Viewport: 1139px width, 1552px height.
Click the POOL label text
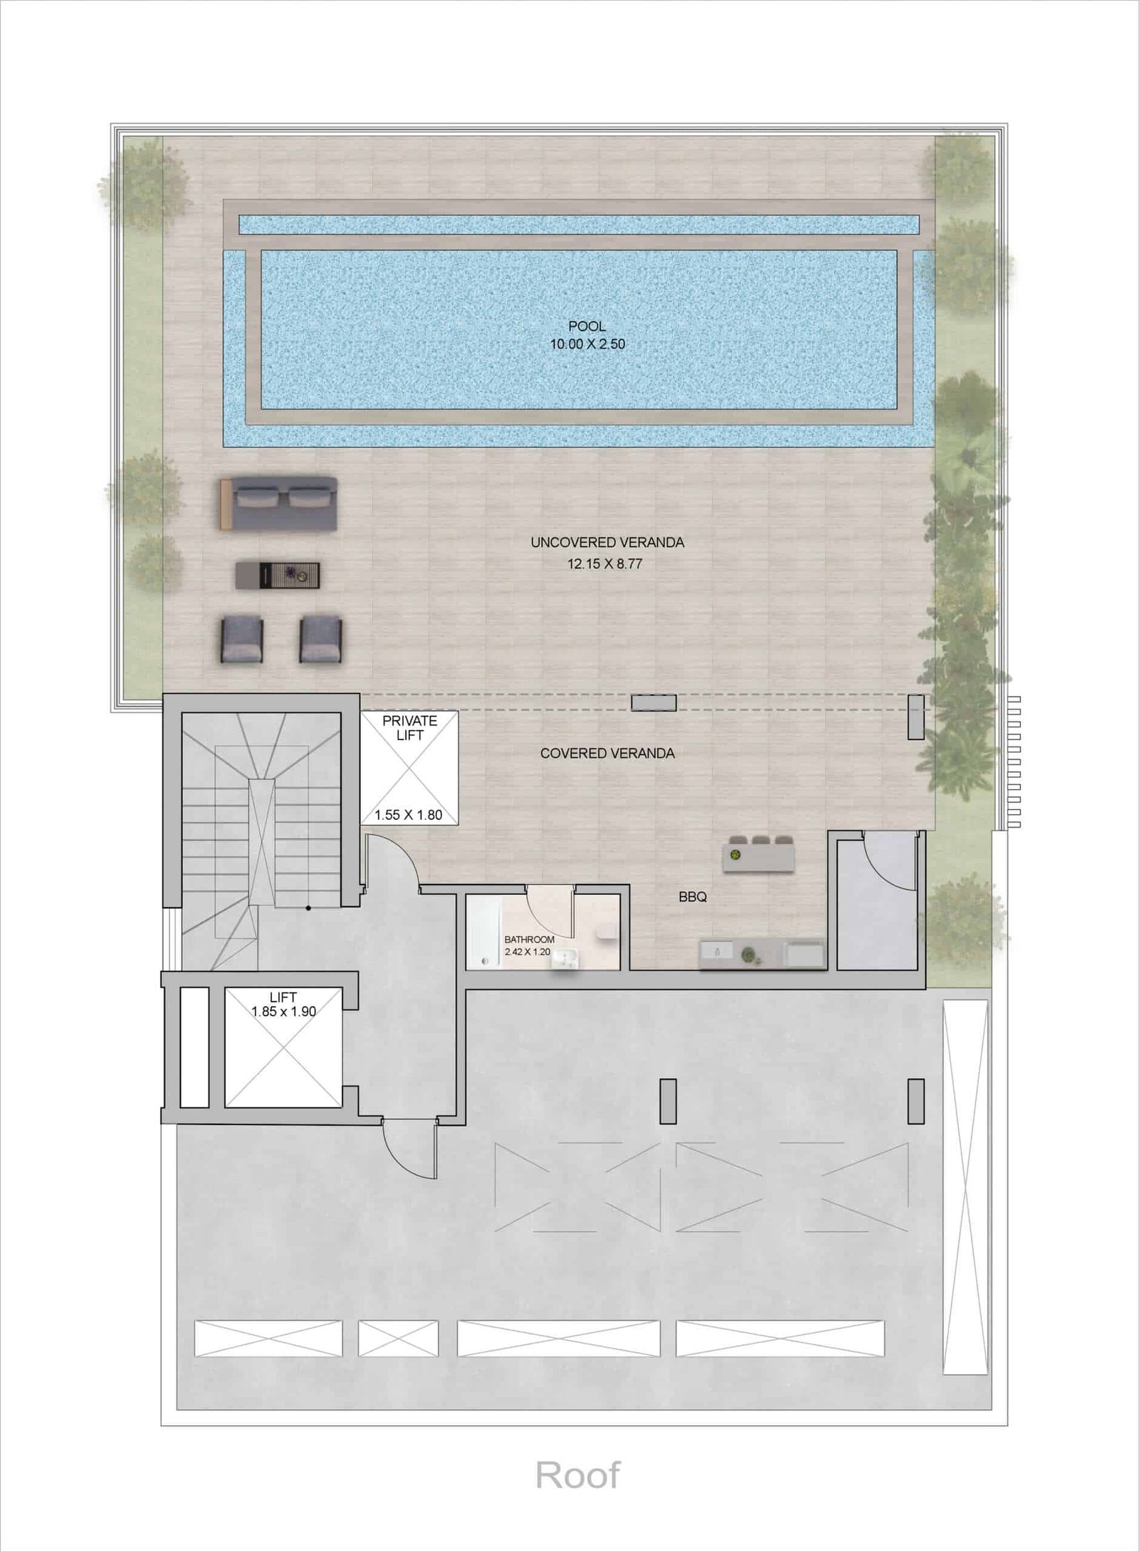tap(587, 327)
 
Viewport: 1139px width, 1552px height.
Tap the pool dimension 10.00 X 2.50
tap(587, 344)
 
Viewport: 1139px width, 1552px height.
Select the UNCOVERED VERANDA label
tap(607, 542)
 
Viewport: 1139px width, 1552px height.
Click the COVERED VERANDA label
tap(607, 753)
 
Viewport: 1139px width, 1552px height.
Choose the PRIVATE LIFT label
tap(409, 727)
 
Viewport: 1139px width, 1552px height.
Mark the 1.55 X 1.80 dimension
tap(409, 815)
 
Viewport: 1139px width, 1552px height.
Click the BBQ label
tap(693, 897)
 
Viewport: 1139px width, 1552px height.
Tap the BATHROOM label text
tap(529, 940)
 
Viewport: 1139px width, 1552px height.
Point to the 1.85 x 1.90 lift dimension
tap(283, 1011)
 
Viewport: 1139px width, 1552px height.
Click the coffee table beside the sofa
tap(278, 574)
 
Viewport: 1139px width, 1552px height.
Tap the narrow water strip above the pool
tap(579, 225)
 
